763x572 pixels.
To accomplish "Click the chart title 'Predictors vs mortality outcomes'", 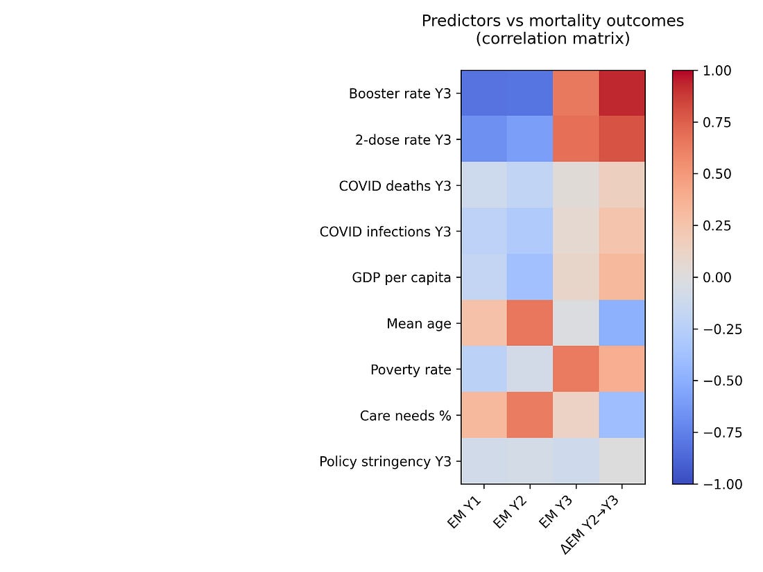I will tap(552, 21).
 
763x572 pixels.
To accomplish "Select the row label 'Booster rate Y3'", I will tap(400, 94).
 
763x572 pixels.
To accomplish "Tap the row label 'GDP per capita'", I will tap(401, 277).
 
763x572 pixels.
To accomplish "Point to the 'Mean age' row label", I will tap(418, 323).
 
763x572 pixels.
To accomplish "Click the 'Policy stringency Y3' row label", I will tap(385, 461).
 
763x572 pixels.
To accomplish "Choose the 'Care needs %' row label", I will tap(405, 415).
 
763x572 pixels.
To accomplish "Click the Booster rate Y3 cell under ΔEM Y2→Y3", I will tap(622, 94).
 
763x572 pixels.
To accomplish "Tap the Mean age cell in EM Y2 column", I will tap(530, 323).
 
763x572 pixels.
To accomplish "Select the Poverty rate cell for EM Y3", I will tap(576, 369).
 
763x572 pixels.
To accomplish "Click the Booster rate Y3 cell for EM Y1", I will tap(484, 94).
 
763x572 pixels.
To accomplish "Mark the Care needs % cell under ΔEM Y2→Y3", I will tap(622, 415).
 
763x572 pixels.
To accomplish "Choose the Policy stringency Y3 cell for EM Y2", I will tap(530, 461).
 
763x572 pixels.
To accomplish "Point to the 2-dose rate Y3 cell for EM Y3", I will tap(576, 139).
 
